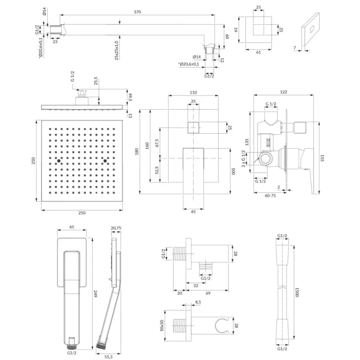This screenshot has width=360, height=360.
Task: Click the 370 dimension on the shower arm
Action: pyautogui.click(x=137, y=12)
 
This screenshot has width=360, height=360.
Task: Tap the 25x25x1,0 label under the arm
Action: pyautogui.click(x=117, y=51)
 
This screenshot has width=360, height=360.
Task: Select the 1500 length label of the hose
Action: pyautogui.click(x=297, y=292)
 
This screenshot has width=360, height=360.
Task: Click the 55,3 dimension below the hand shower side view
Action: pyautogui.click(x=108, y=357)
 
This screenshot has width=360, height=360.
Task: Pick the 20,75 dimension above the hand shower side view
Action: pyautogui.click(x=116, y=228)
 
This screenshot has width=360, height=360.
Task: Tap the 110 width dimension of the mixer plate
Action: pyautogui.click(x=193, y=92)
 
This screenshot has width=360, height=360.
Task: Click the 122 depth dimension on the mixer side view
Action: pyautogui.click(x=283, y=92)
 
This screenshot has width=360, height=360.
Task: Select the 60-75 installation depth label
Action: pyautogui.click(x=270, y=196)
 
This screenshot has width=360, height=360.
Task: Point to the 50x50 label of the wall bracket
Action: pyautogui.click(x=162, y=325)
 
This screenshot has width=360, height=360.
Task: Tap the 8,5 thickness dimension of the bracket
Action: pyautogui.click(x=198, y=302)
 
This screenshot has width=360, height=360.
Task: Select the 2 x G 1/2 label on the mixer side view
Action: pyautogui.click(x=243, y=159)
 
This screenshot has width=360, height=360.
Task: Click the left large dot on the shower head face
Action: pyautogui.click(x=58, y=161)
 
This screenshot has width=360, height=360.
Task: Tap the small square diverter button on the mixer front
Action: pyautogui.click(x=193, y=128)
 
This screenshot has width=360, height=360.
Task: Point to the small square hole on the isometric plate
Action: pyautogui.click(x=312, y=29)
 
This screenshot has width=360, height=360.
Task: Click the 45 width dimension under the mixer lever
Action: pyautogui.click(x=193, y=211)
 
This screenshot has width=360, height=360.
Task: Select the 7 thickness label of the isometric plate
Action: pyautogui.click(x=295, y=48)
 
